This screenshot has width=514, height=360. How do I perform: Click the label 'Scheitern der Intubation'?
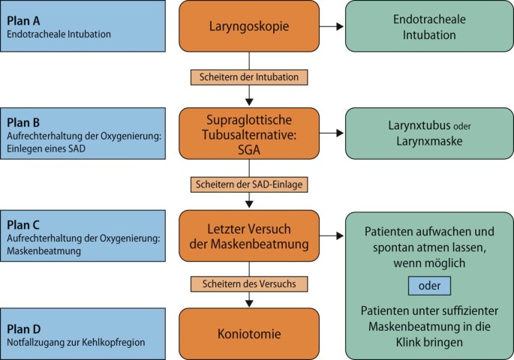coord(249,76)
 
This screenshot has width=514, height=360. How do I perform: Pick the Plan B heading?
coord(24,121)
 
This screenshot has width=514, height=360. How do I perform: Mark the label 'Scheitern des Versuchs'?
coord(249,283)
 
